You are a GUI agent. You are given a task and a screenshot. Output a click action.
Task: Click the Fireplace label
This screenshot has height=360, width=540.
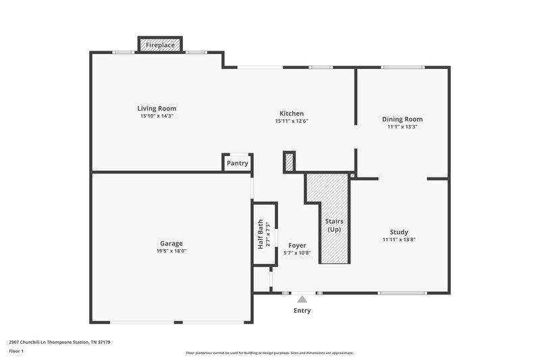pyautogui.click(x=161, y=45)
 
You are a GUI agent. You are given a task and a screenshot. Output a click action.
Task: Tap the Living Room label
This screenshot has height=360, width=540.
pyautogui.click(x=157, y=108)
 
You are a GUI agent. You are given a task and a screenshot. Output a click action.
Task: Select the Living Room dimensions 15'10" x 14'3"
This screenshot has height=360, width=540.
pyautogui.click(x=157, y=116)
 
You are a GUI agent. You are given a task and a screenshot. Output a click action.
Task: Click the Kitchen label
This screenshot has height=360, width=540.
pyautogui.click(x=292, y=113)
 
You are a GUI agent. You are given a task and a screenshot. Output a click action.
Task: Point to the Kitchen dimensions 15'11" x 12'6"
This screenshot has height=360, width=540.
pyautogui.click(x=292, y=122)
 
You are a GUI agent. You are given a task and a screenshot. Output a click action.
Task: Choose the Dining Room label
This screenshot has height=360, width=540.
pyautogui.click(x=402, y=119)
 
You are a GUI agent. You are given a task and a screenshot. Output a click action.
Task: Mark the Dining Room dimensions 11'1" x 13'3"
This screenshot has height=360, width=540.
pyautogui.click(x=402, y=127)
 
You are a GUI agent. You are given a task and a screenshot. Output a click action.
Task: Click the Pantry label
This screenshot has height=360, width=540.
pyautogui.click(x=237, y=163)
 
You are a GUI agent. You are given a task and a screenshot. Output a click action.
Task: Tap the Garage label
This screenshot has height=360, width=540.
pyautogui.click(x=171, y=243)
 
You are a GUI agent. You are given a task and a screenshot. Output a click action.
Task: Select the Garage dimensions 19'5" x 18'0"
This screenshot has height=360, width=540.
pyautogui.click(x=171, y=251)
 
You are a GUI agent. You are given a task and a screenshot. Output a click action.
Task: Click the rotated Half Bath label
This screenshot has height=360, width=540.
pyautogui.click(x=261, y=234)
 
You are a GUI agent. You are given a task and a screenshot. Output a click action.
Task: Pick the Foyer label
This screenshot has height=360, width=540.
pyautogui.click(x=297, y=245)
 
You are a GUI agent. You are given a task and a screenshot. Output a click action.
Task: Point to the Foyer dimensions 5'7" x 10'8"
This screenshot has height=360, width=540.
pyautogui.click(x=297, y=253)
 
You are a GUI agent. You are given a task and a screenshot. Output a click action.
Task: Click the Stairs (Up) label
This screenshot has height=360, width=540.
pyautogui.click(x=334, y=226)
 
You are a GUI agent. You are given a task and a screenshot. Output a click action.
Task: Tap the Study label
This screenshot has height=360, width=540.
pyautogui.click(x=399, y=232)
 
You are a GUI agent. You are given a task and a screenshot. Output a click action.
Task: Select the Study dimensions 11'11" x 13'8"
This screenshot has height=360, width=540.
pyautogui.click(x=399, y=240)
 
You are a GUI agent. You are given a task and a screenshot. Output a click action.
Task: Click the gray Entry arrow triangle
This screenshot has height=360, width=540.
pyautogui.click(x=302, y=299)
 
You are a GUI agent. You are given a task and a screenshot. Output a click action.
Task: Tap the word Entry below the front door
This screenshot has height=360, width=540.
pyautogui.click(x=302, y=311)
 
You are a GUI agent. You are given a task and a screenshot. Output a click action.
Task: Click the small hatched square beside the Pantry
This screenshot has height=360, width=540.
pyautogui.click(x=289, y=162)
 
